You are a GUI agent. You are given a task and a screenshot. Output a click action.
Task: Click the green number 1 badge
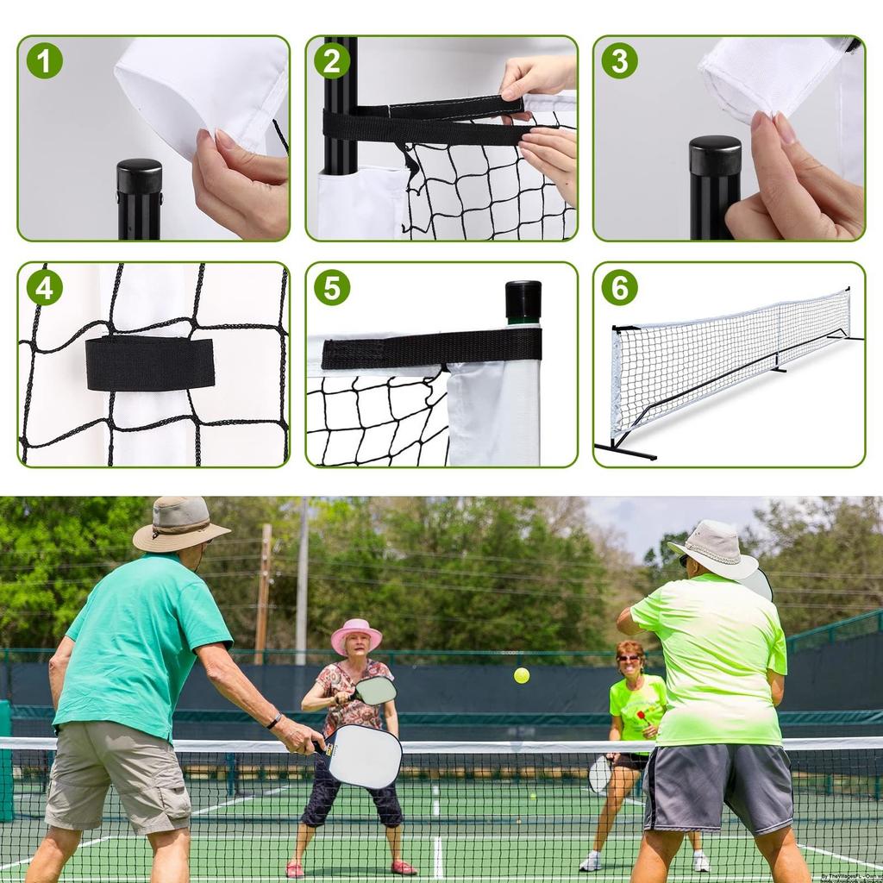pyautogui.click(x=44, y=60)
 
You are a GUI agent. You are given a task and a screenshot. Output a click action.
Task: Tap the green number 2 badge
pyautogui.click(x=331, y=60)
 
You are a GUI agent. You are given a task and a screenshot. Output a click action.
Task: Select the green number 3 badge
pyautogui.click(x=619, y=60)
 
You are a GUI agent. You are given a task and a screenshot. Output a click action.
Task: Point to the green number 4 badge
pyautogui.click(x=44, y=287)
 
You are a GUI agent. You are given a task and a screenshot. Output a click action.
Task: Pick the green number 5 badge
pyautogui.click(x=331, y=287)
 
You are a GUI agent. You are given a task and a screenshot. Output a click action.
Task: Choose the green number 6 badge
pyautogui.click(x=619, y=287)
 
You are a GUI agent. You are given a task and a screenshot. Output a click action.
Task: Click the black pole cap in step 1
pyautogui.click(x=140, y=176)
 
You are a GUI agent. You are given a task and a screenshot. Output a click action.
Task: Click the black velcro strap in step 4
pyautogui.click(x=150, y=363)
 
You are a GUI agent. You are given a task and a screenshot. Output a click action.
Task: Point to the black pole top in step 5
pyautogui.click(x=523, y=300)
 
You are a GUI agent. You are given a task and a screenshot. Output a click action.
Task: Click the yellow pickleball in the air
pyautogui.click(x=522, y=675)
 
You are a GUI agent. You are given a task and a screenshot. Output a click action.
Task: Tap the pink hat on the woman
pyautogui.click(x=356, y=634)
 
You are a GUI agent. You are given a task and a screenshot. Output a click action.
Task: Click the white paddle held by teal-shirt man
pyautogui.click(x=363, y=755)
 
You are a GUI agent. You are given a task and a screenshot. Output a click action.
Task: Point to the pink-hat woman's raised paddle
pyautogui.click(x=375, y=690)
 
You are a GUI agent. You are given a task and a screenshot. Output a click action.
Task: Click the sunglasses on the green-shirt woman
pyautogui.click(x=629, y=658)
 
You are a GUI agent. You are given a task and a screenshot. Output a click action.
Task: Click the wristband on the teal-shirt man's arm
pyautogui.click(x=274, y=720)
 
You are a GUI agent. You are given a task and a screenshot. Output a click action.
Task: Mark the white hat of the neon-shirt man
pyautogui.click(x=717, y=549)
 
